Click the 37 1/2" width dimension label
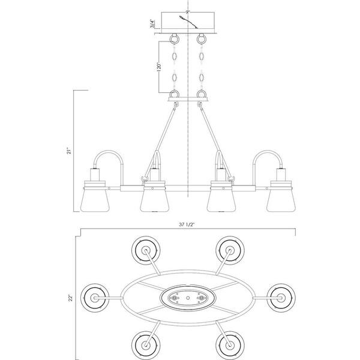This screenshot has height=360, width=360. click(x=187, y=225)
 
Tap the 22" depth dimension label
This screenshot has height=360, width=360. click(x=71, y=298)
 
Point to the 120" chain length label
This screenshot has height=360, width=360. click(x=159, y=67)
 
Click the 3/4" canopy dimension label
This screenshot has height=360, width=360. click(x=152, y=24)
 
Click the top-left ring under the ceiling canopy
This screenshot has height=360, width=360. click(x=175, y=38)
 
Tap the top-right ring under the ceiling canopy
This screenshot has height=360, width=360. click(x=202, y=38)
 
